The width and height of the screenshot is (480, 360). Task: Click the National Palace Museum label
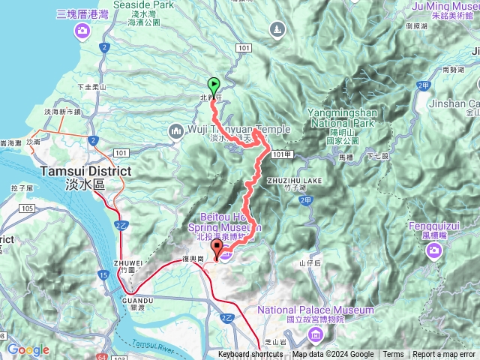(316, 310)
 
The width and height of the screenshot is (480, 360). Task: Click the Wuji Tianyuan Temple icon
(176, 132)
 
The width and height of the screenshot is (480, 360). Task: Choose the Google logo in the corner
(28, 349)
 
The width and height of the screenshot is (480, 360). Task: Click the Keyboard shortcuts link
(250, 355)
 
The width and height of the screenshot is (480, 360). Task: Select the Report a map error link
(443, 355)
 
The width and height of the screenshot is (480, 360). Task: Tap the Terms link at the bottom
(393, 355)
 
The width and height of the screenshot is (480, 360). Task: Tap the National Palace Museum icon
(316, 332)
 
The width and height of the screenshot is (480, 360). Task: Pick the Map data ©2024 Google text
(333, 355)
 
